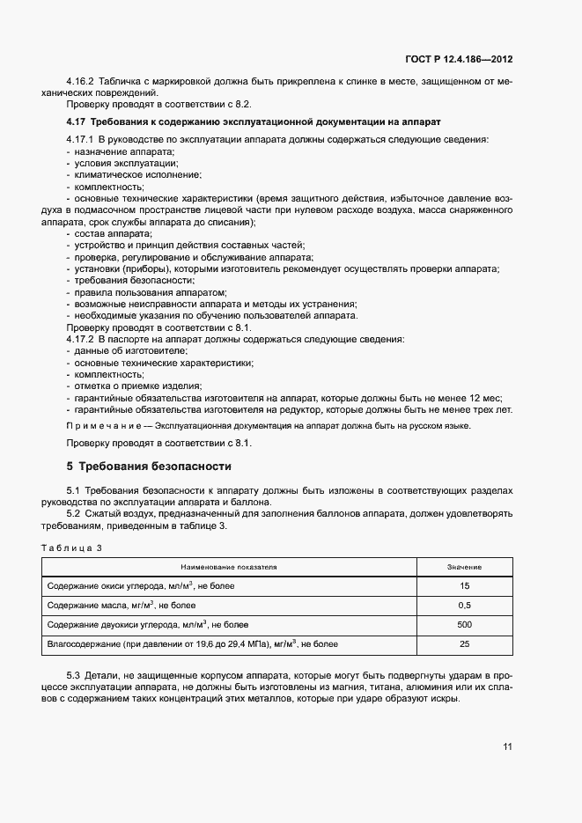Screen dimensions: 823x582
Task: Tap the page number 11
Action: (507, 747)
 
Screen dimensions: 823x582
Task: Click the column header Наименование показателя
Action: (229, 568)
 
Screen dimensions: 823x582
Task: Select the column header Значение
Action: (464, 568)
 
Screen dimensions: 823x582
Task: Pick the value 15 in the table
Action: (464, 585)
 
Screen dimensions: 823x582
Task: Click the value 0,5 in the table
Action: (464, 606)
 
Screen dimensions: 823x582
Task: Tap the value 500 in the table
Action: (464, 625)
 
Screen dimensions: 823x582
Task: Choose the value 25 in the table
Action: (464, 645)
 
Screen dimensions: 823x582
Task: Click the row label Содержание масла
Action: (120, 606)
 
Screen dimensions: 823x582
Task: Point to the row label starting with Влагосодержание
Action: (190, 645)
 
